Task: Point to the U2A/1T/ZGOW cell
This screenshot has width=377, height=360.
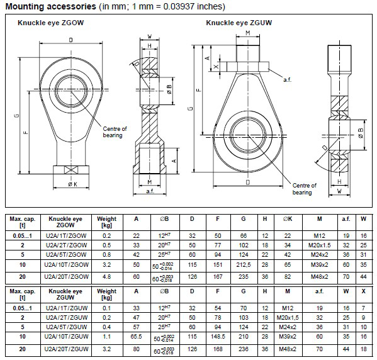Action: pos(65,235)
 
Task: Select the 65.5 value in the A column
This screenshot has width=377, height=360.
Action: pos(136,336)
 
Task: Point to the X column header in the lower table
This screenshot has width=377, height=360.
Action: pos(363,291)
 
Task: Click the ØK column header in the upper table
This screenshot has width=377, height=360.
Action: pos(288,220)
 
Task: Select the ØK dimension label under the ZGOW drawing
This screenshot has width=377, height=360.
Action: pos(72,184)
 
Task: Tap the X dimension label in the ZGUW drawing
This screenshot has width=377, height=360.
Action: pos(216,65)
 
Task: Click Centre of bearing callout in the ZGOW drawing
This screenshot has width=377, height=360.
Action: pos(115,132)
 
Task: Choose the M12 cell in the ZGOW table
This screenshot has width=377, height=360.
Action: pos(319,235)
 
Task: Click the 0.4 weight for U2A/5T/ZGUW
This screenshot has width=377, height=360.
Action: pos(107,326)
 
